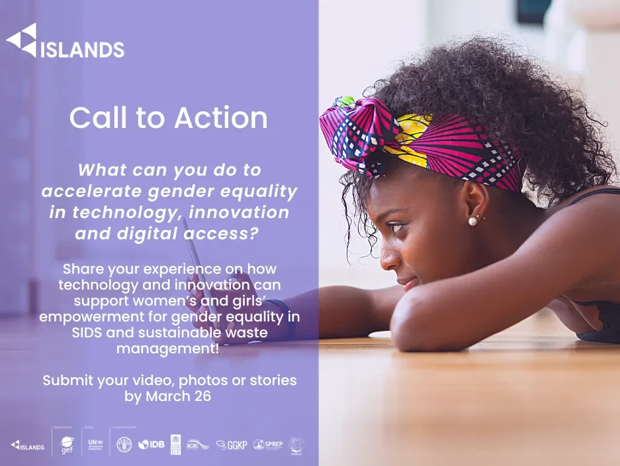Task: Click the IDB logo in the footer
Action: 152,445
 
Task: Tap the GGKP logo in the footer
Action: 232,445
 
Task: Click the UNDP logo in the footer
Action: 175,445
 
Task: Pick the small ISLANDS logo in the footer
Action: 27,445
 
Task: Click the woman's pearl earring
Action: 473,221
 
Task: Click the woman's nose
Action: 386,255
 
